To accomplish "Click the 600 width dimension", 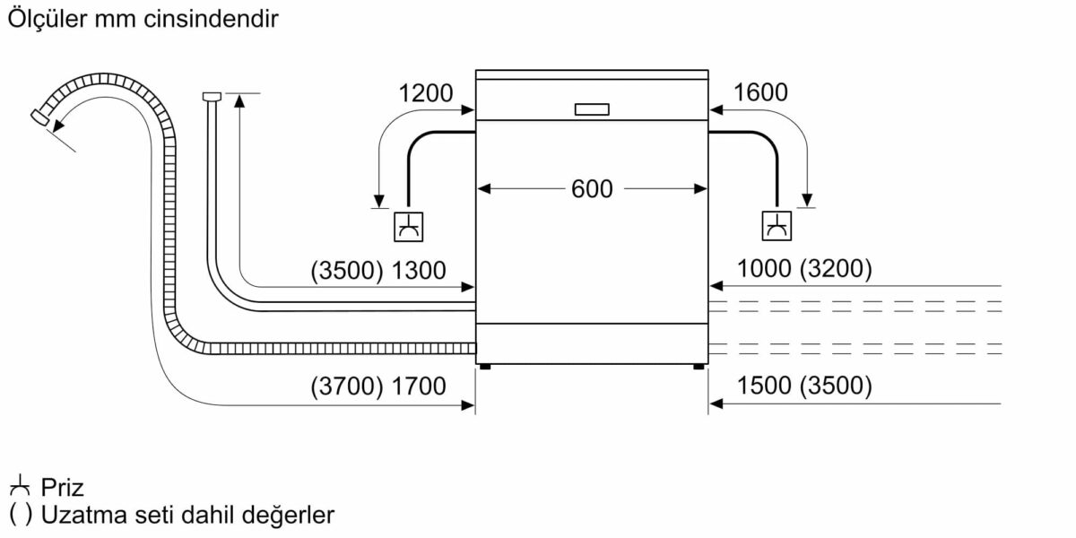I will point(592,189).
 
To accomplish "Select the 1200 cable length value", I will point(426,92).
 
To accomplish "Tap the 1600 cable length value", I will point(760,92).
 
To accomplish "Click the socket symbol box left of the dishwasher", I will point(410,226).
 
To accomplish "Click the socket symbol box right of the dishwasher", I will point(776,226).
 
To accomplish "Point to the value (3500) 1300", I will point(378,271).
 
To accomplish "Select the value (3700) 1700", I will point(378,387).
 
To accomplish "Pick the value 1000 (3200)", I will point(803,269).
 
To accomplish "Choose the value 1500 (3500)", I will point(803,386).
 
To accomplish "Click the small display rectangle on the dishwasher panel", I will point(592,108).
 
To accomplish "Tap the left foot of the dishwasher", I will point(485,366).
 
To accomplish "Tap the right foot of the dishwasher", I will point(699,366).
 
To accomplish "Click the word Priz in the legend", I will point(62,489).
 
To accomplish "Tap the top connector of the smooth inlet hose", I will point(212,95).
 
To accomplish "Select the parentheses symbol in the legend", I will point(20,516).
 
